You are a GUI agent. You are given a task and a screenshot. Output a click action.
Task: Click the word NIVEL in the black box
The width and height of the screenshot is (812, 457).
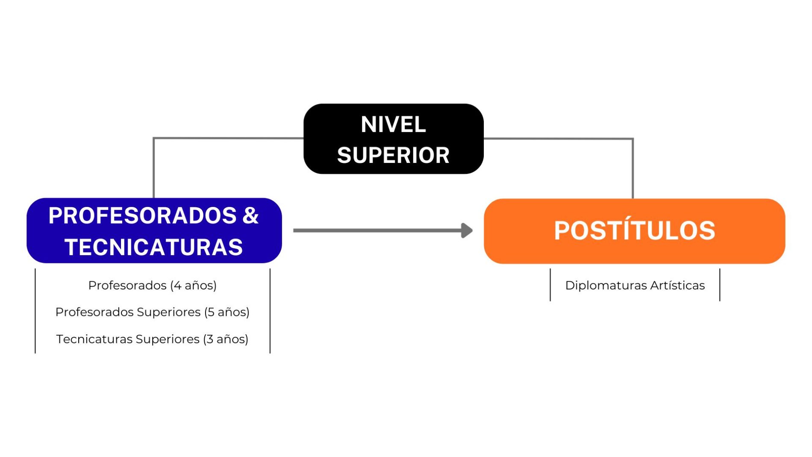[x=393, y=124]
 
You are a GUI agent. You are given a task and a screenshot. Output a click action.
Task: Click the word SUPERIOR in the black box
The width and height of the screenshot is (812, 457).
[x=393, y=155]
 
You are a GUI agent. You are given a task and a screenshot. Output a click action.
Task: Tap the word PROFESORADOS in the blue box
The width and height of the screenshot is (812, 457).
[x=142, y=215]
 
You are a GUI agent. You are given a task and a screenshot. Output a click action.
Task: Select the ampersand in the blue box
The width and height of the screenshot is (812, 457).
[x=250, y=215]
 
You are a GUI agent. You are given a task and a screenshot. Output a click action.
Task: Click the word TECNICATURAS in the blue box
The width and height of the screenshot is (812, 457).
[x=154, y=247]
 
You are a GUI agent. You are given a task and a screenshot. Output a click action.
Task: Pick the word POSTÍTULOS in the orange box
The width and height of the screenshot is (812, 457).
[x=635, y=230]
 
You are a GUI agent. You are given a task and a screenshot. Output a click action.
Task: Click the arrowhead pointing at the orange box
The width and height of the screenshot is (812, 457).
[x=467, y=230]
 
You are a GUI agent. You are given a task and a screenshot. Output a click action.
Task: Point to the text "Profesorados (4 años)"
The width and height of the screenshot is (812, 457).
[x=152, y=285]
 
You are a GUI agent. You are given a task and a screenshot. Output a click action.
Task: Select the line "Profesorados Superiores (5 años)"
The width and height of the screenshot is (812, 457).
[x=152, y=312]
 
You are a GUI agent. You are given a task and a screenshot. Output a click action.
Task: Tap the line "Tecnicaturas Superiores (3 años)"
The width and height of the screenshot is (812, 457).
[x=152, y=339]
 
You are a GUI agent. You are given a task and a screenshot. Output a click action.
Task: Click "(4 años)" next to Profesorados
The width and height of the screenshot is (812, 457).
[x=194, y=285]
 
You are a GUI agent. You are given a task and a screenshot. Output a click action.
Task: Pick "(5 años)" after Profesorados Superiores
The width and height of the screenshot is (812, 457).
[x=227, y=312]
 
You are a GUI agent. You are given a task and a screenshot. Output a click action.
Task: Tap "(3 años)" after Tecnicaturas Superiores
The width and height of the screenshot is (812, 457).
[x=226, y=339]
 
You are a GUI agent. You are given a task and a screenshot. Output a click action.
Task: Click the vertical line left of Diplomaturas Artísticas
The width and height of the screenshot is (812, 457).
[x=550, y=285]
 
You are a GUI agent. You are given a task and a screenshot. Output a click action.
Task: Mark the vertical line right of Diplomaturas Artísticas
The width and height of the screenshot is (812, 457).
[x=720, y=285]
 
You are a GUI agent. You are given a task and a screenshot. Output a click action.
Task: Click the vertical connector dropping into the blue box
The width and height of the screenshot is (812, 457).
[x=154, y=168]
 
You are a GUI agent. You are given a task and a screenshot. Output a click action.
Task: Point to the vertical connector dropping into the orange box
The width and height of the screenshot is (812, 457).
[x=633, y=168]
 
